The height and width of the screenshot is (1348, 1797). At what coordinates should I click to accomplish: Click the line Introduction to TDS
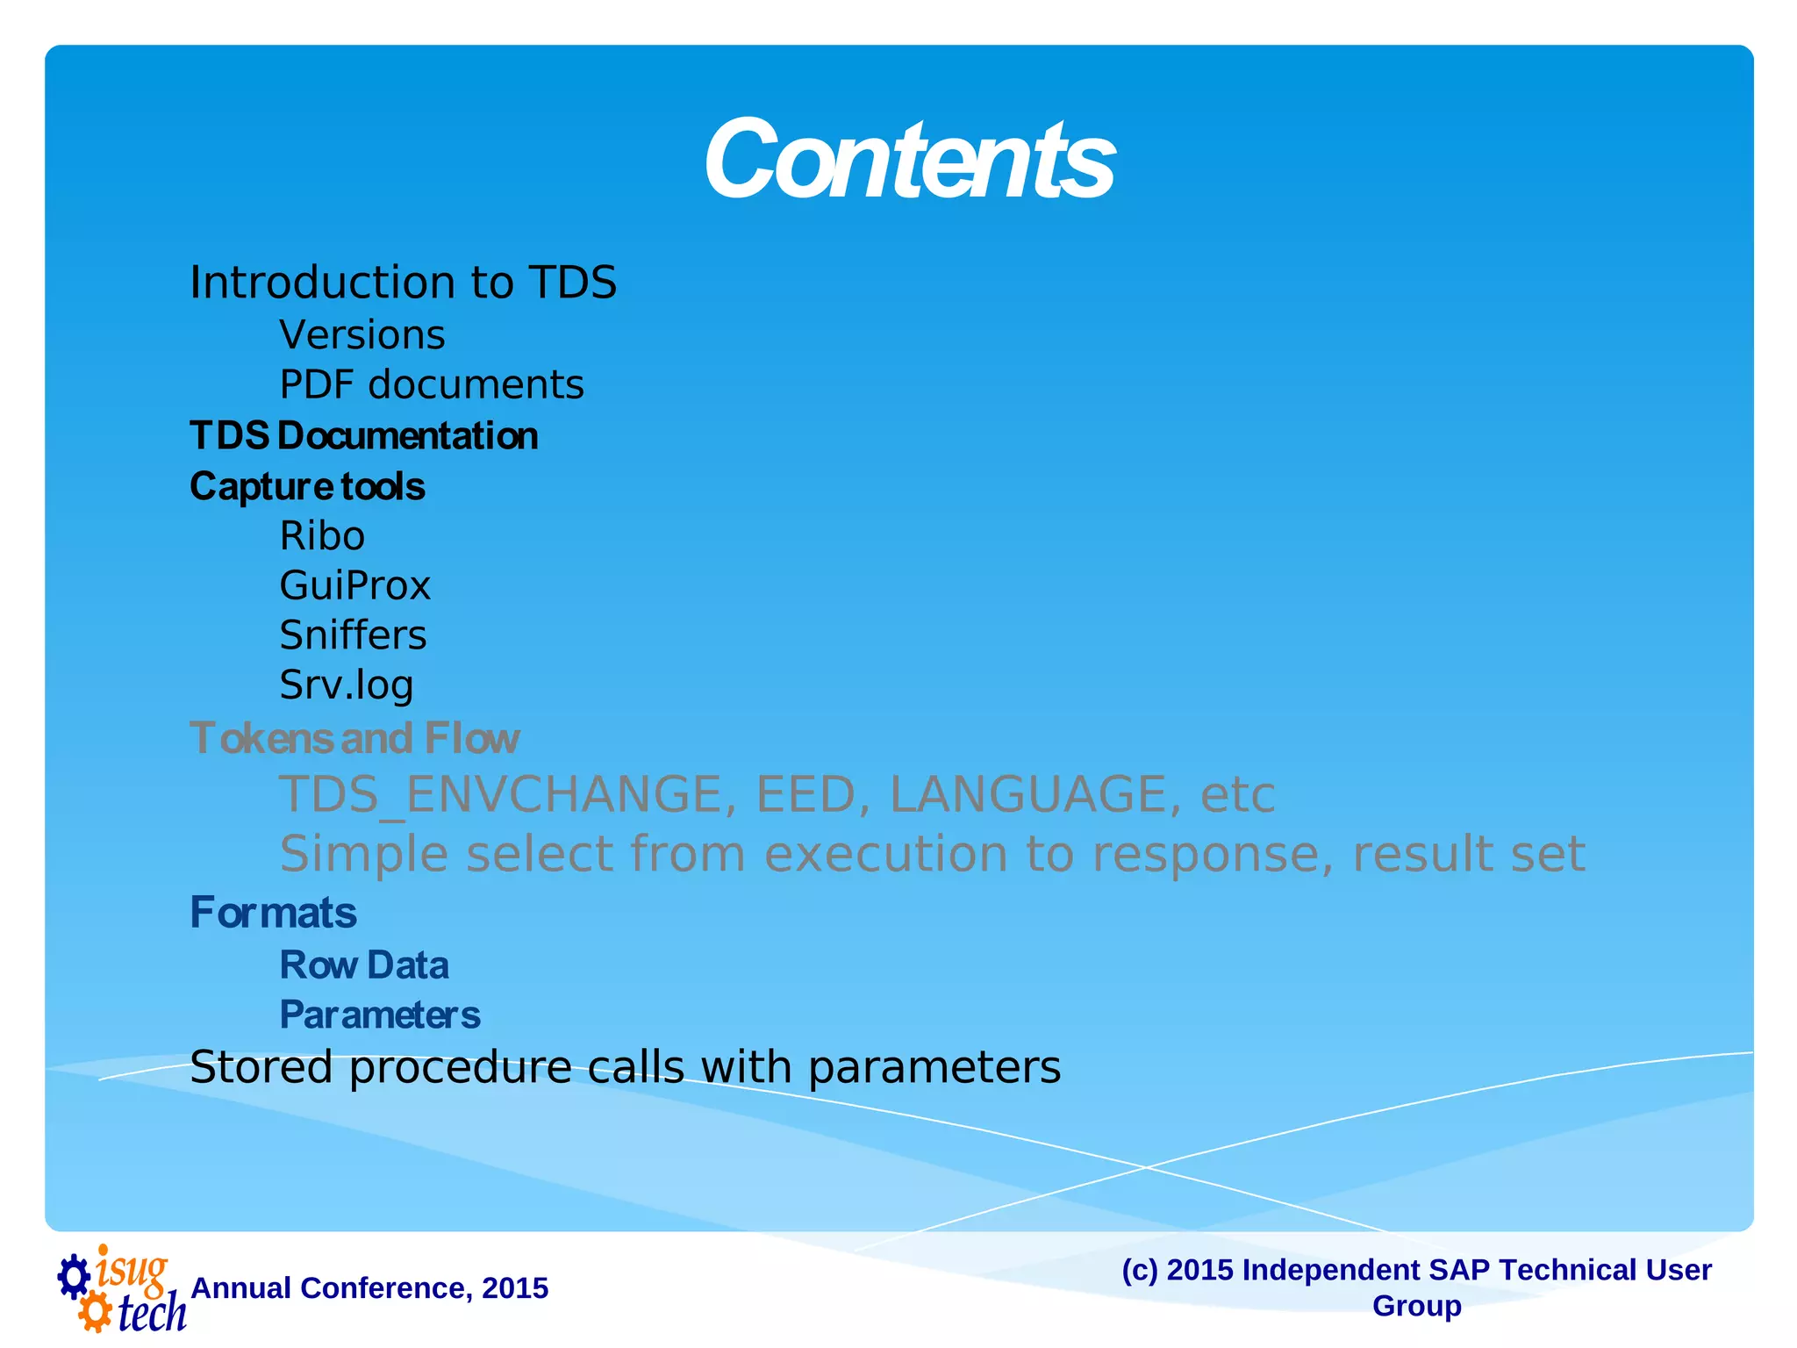coord(403,283)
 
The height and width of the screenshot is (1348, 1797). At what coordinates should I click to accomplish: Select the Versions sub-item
coord(362,335)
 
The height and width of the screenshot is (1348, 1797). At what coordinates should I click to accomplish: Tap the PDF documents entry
coord(431,385)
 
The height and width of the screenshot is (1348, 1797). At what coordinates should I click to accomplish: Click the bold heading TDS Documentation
coord(363,436)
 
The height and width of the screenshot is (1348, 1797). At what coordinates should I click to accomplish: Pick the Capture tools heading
coord(307,486)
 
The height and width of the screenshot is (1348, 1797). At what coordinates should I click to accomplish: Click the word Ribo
coord(322,536)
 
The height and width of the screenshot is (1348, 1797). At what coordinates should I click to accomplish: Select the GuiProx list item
coord(354,586)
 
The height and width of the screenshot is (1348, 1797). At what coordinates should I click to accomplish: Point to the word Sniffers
coord(353,635)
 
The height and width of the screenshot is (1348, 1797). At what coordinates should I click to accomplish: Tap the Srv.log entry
coord(346,685)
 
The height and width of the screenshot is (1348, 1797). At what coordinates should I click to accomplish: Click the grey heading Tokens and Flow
coord(354,738)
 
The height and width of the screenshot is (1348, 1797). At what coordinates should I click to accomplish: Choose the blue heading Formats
coord(273,913)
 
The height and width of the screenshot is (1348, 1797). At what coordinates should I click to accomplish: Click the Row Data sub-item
coord(363,965)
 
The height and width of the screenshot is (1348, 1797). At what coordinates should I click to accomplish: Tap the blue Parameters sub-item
coord(379,1015)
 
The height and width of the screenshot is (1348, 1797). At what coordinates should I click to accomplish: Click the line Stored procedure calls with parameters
coord(625,1068)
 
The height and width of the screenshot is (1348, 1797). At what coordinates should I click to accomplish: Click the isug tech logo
coord(120,1288)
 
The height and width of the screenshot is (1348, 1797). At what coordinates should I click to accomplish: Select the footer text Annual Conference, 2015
coord(369,1288)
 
